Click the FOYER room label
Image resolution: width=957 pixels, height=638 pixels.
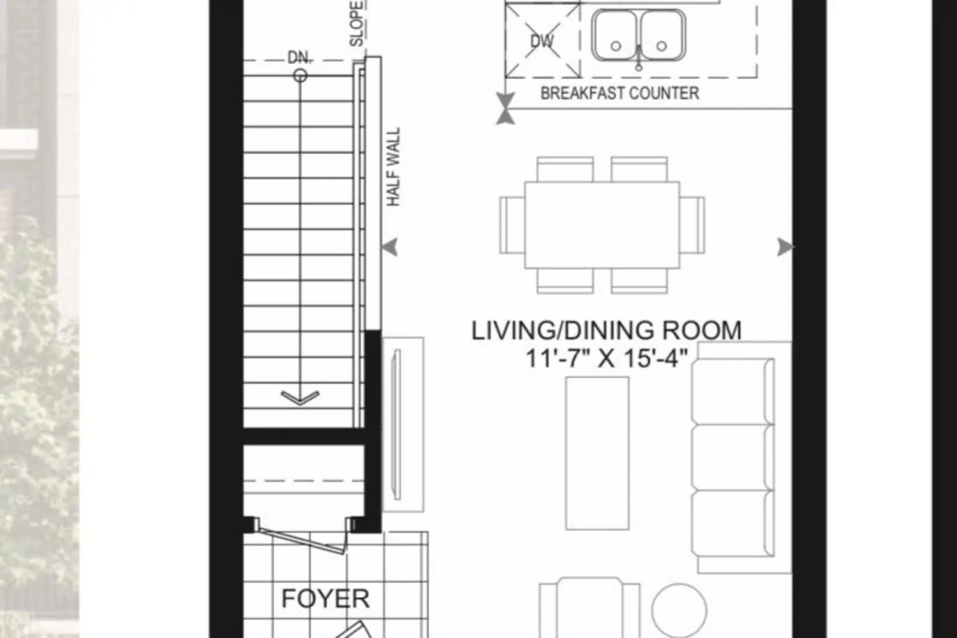325,598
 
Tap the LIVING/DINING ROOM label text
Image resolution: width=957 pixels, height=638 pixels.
606,330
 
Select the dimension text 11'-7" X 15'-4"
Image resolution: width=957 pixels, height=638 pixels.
606,358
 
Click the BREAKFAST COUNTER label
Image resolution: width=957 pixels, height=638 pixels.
619,93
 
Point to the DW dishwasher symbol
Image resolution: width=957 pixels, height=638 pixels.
542,41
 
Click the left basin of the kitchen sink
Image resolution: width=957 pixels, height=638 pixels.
615,36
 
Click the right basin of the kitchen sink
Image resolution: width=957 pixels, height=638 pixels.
662,36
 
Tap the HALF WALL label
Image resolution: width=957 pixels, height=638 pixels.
394,167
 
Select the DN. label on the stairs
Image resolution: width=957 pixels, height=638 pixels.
299,57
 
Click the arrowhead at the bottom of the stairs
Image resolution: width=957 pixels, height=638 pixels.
300,398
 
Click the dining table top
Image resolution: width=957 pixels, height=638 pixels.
602,225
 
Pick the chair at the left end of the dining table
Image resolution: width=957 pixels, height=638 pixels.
512,225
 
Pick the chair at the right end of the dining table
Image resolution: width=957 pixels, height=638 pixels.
693,225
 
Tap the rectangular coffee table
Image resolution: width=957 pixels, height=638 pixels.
597,453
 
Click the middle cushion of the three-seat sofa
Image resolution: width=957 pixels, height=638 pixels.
734,457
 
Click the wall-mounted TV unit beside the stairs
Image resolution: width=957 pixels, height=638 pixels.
403,424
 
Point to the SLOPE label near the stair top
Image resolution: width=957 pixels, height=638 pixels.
357,23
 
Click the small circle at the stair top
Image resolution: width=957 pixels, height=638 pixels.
300,77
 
